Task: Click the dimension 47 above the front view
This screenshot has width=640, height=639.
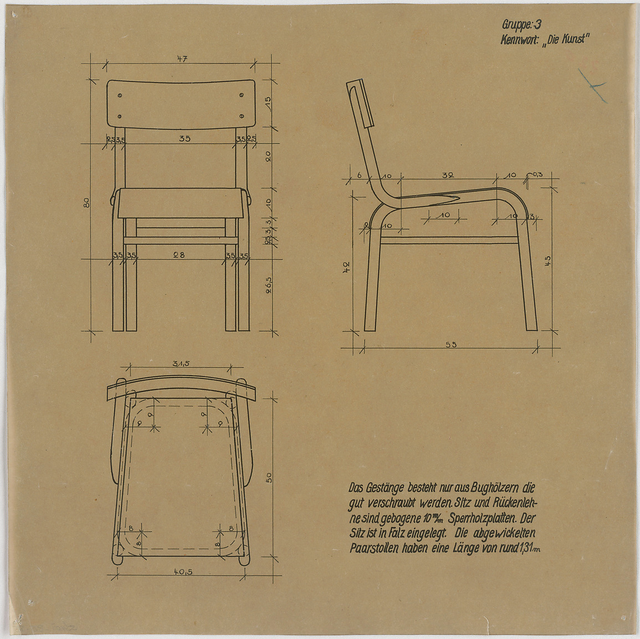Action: (x=182, y=59)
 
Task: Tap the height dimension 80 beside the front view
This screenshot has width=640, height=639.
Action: (x=86, y=203)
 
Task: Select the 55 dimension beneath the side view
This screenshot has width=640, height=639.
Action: (x=451, y=344)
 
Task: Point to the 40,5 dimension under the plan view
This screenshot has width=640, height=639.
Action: (x=183, y=571)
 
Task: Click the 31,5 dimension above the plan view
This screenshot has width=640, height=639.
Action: (x=181, y=363)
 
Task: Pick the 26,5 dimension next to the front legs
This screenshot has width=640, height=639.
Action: (x=268, y=286)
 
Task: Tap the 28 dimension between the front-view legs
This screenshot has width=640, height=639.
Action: (x=179, y=255)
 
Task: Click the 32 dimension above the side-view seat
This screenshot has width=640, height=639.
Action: (x=448, y=176)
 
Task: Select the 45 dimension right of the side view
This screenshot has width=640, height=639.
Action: (x=548, y=261)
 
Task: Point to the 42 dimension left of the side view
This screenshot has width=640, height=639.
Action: (x=346, y=267)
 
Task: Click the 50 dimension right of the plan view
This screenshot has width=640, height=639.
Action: (x=269, y=477)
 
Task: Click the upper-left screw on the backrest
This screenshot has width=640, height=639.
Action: (x=120, y=95)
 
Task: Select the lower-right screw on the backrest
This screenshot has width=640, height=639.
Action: (x=241, y=116)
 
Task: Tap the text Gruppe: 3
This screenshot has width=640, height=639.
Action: (x=521, y=25)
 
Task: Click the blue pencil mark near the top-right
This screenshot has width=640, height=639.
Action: (x=593, y=86)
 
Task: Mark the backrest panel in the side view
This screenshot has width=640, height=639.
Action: (x=360, y=104)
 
